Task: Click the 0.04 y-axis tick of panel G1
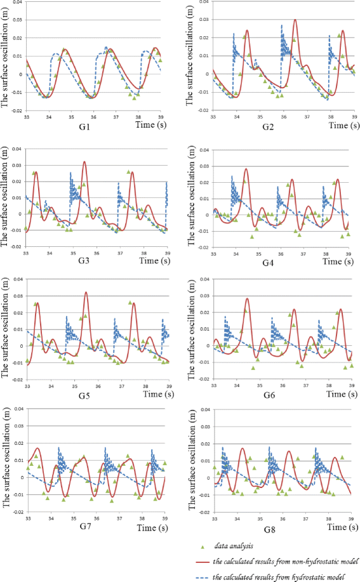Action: coord(17,3)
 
